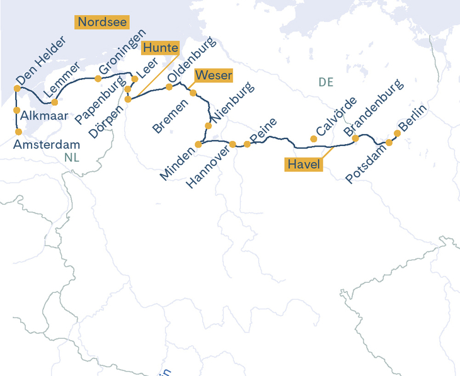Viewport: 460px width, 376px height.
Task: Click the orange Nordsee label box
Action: [101, 22]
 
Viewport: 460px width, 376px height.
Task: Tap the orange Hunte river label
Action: [160, 48]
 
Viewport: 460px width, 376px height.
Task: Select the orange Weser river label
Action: [214, 76]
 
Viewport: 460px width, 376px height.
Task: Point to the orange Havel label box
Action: [304, 164]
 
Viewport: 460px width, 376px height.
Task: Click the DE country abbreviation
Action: [326, 82]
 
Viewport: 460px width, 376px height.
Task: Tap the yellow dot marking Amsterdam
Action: [18, 132]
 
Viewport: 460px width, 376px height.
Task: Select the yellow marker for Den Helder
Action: [17, 88]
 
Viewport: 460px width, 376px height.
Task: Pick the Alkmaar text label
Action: [41, 116]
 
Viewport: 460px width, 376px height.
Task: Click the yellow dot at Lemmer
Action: [55, 102]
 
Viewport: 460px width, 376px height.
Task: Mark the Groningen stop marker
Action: [98, 79]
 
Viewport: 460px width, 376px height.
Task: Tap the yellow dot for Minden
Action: [198, 144]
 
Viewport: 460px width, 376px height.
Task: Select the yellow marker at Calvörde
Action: [314, 139]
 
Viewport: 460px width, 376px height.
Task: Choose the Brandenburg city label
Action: [372, 108]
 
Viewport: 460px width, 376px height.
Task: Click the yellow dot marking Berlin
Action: [397, 133]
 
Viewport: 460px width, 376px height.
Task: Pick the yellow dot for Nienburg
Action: [209, 125]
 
